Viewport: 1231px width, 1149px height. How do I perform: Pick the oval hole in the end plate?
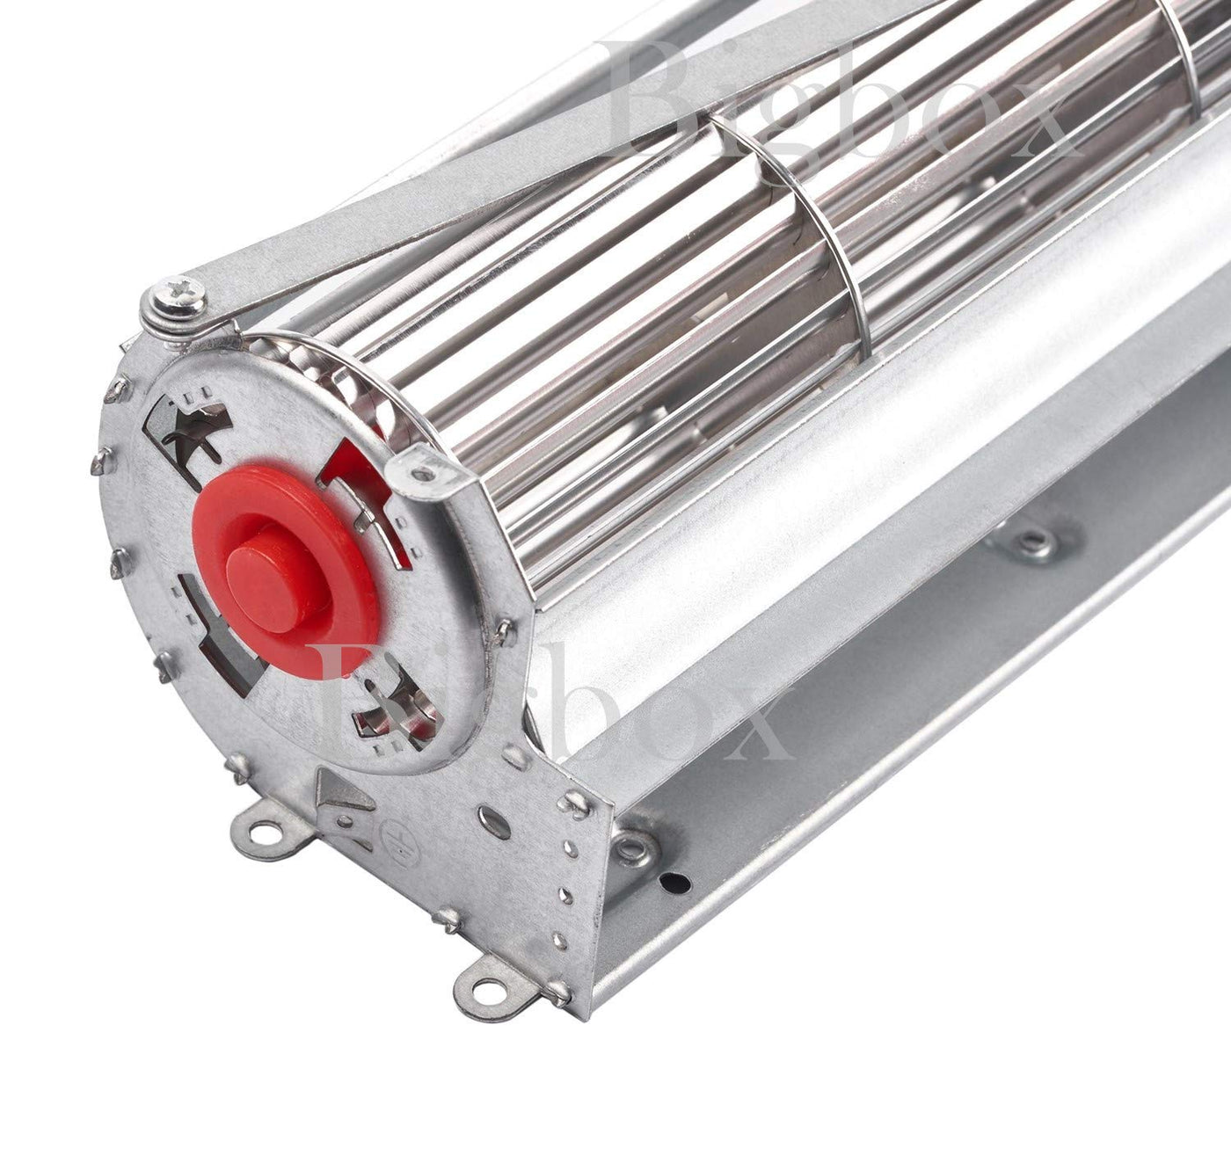pyautogui.click(x=494, y=822)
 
